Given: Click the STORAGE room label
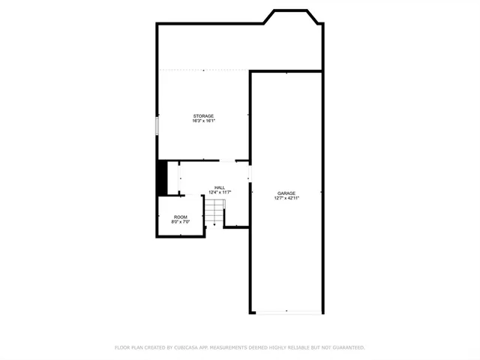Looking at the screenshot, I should pos(203,116).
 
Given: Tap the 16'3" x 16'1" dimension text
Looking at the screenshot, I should pos(203,121).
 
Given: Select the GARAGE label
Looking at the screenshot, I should pos(286,193).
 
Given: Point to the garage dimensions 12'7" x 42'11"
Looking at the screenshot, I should pos(286,198).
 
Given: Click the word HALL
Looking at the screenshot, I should pos(220,187).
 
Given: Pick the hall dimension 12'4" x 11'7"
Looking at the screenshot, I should pos(220,193).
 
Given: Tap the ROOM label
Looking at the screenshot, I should pos(181,217).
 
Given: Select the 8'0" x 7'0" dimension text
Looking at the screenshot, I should pos(181,222).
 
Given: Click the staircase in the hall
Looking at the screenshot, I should pos(216,212).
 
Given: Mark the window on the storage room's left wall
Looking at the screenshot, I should pos(157,125).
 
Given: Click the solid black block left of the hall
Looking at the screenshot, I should pos(160,178).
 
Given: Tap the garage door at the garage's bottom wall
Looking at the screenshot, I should pos(286,312).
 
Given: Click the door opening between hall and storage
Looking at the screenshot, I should pos(226,161).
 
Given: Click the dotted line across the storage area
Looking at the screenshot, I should pos(202,70).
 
